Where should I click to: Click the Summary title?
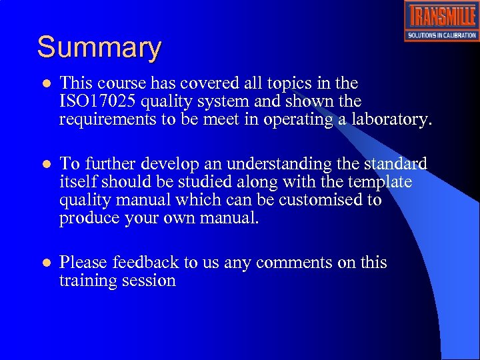99,48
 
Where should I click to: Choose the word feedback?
146,263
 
